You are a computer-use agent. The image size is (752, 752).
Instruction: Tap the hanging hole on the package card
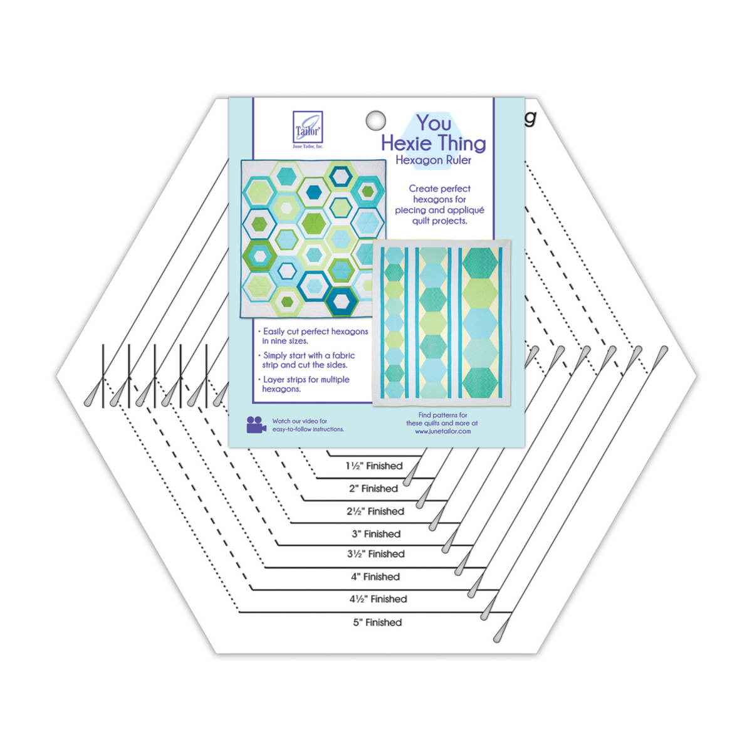point(375,120)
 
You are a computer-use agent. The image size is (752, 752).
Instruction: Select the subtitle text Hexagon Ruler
point(433,160)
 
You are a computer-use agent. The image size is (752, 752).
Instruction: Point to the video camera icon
point(256,425)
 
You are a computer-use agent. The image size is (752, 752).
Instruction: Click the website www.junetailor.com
point(442,431)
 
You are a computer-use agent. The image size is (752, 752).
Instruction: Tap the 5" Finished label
point(377,622)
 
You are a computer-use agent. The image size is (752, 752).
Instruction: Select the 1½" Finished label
point(374,466)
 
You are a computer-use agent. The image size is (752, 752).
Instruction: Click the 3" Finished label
point(376,533)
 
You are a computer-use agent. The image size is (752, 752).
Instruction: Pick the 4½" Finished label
point(378,598)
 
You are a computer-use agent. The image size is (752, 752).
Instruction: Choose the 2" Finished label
point(373,488)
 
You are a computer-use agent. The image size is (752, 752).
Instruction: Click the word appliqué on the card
point(466,211)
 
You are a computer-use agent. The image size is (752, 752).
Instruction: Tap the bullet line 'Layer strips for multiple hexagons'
point(303,384)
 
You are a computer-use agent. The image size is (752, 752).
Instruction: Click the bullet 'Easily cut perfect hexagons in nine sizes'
point(313,336)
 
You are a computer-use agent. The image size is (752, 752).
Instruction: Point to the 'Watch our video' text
point(308,425)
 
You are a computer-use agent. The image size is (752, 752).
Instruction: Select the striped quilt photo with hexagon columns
point(442,323)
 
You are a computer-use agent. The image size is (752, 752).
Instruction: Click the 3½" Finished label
point(376,553)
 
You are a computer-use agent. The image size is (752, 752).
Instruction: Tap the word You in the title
point(434,123)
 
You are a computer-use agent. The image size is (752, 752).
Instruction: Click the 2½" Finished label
point(375,511)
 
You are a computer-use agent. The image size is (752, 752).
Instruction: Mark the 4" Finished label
point(375,577)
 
